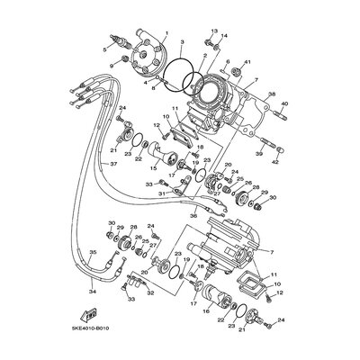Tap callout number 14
(x=224, y=37)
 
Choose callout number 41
(x=248, y=60)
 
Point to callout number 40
(x=283, y=104)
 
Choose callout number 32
(x=149, y=293)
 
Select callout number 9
(x=112, y=67)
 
